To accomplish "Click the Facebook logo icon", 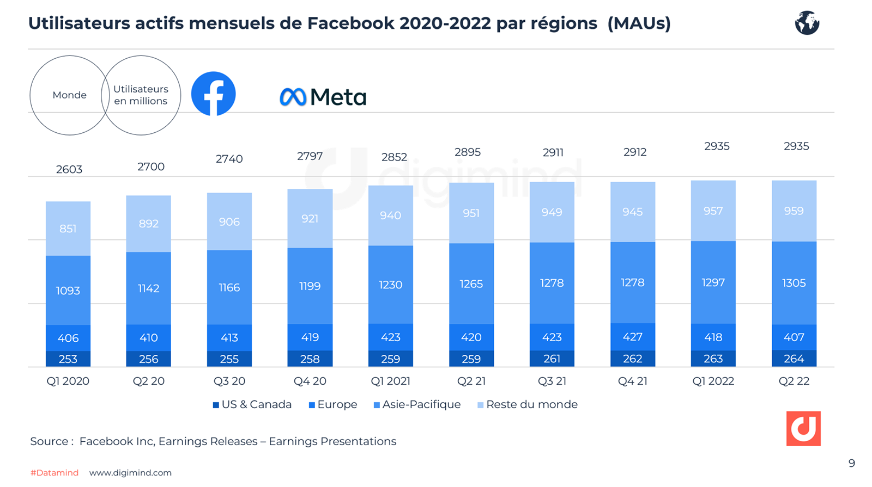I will coord(213,94).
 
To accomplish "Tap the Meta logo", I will coord(323,97).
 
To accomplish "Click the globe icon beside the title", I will coord(807,23).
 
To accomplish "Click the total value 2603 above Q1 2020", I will coord(69,169).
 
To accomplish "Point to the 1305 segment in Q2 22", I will coord(794,283).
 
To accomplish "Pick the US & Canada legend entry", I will coord(252,404).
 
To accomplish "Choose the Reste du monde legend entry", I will coord(527,404).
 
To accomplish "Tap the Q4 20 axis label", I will coord(310,381).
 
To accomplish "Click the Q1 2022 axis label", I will coord(713,381).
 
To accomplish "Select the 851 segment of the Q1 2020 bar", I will coord(68,229).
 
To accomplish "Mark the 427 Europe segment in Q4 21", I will coord(632,337).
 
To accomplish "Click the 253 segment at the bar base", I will coord(68,359).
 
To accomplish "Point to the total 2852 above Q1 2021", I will coord(394,157).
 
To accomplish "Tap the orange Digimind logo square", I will coord(803,428).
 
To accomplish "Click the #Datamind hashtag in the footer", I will coord(55,473).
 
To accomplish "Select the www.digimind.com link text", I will coord(130,473).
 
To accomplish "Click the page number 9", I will coord(851,463).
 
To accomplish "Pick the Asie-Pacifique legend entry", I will coord(417,404).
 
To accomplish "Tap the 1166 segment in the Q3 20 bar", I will coord(229,287).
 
